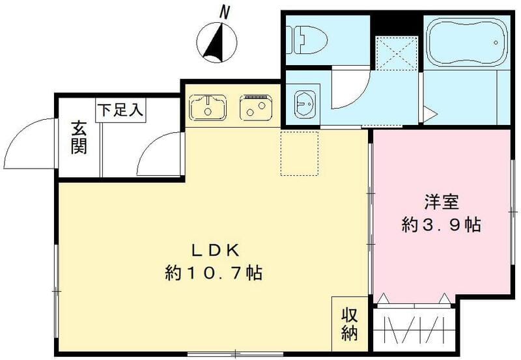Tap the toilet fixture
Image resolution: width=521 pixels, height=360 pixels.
[x=306, y=37]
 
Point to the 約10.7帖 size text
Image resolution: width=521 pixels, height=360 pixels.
[x=213, y=273]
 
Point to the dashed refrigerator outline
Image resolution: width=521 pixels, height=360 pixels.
[x=300, y=153]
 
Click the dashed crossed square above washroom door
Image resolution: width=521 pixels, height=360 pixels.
[x=395, y=50]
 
